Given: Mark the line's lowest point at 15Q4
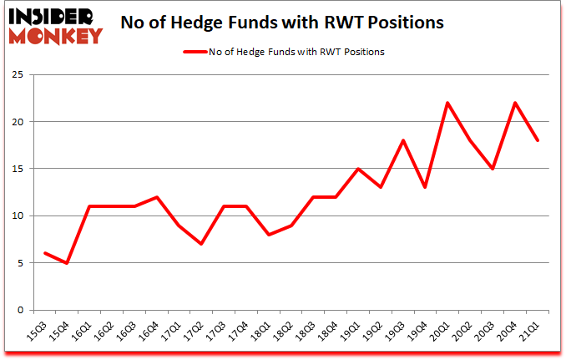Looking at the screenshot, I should (x=68, y=263).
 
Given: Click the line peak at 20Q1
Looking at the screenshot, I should (x=448, y=103).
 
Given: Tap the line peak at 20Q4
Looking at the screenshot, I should (x=516, y=103).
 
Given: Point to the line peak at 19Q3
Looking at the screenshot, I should (x=404, y=140).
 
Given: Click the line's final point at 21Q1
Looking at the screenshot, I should (x=538, y=140).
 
